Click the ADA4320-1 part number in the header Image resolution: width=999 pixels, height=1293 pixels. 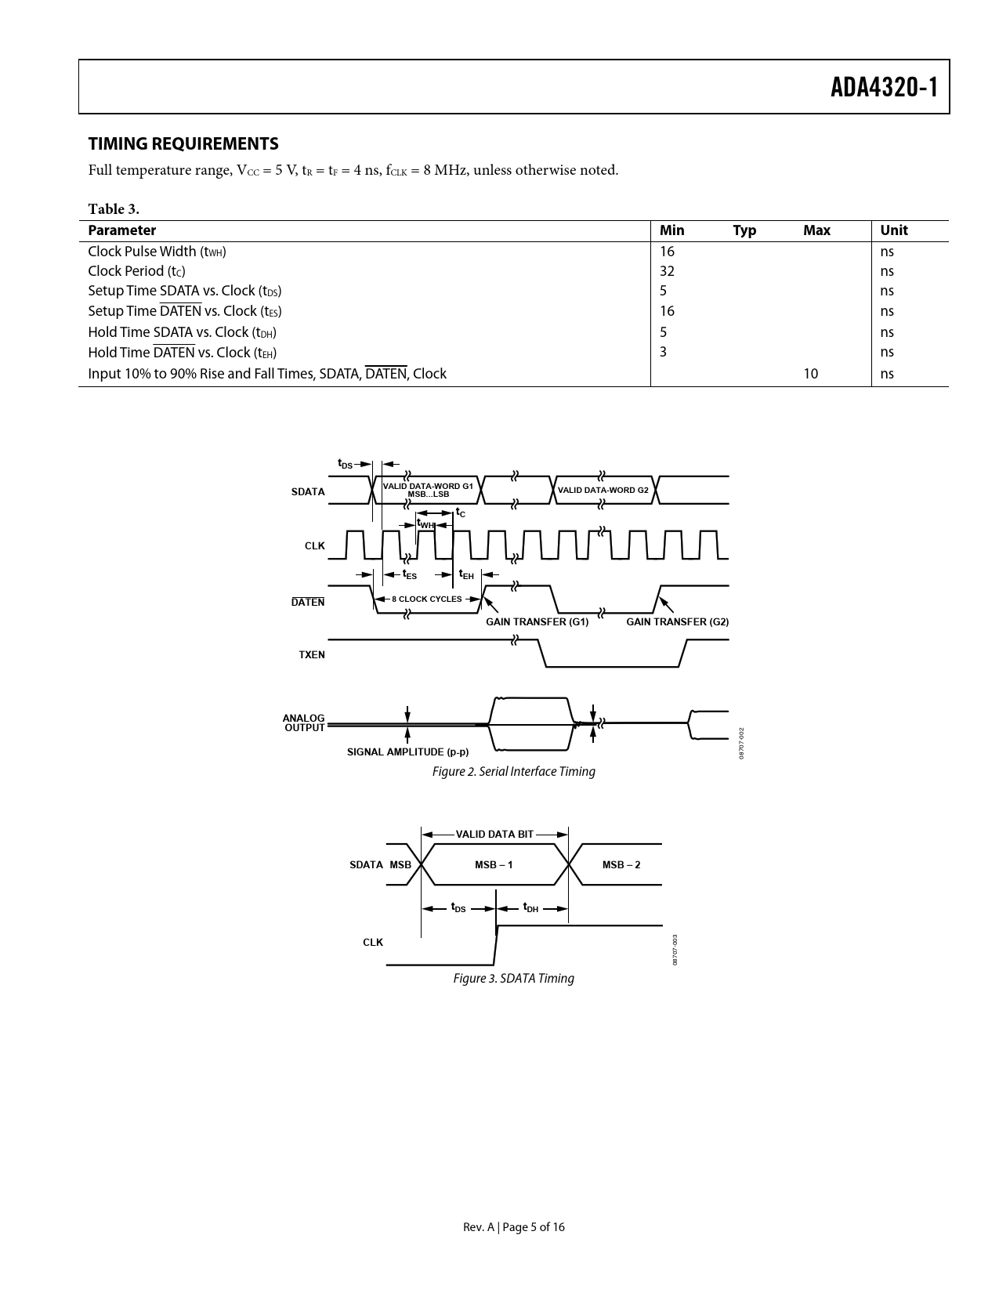(884, 87)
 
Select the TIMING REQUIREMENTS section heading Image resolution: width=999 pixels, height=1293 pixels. (183, 143)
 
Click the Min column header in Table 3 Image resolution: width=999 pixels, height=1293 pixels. (671, 230)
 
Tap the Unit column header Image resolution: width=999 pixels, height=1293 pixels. (893, 230)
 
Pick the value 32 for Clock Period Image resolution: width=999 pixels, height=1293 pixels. (667, 271)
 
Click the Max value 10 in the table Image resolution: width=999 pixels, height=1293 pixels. (810, 374)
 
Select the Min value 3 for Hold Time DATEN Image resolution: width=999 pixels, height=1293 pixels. (663, 352)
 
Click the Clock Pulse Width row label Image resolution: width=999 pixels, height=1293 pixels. (157, 252)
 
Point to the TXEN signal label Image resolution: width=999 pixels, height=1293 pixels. (312, 654)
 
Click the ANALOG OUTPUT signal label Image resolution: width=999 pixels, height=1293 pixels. (304, 723)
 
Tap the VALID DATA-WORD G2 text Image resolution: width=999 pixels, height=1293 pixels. (603, 490)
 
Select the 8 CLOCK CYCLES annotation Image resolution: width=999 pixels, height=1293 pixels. (427, 599)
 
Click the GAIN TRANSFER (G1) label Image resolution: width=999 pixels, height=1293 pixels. (537, 622)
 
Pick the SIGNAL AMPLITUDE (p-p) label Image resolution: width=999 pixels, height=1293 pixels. (407, 752)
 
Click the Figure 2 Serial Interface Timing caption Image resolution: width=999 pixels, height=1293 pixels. (513, 772)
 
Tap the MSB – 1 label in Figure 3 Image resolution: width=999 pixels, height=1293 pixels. (494, 864)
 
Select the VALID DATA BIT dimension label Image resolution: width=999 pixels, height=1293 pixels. (494, 834)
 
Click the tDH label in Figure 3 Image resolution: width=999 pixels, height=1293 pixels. (531, 908)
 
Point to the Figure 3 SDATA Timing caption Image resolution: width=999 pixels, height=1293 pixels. (513, 979)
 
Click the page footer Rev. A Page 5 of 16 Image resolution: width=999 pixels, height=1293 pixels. (513, 1227)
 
